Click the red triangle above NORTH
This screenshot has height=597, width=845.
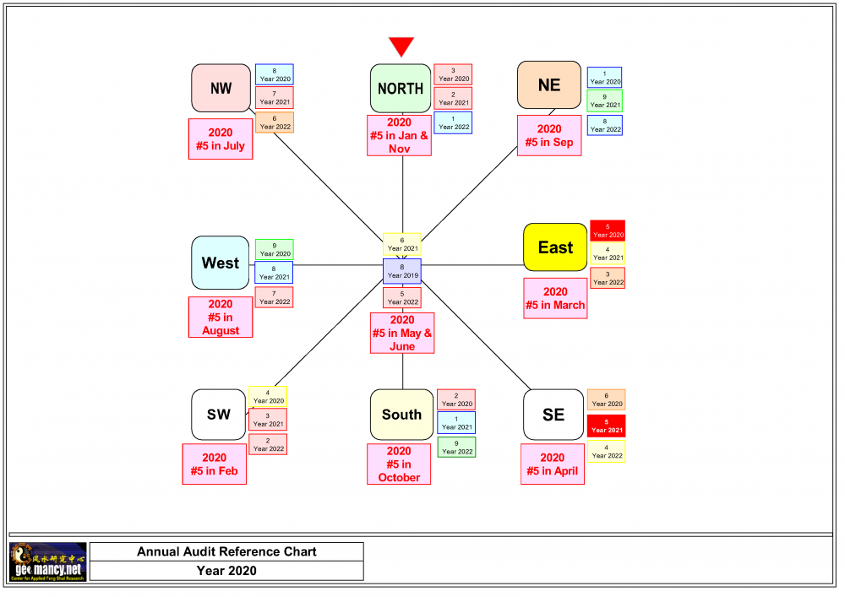click(x=401, y=46)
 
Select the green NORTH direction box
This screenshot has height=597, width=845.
click(x=401, y=88)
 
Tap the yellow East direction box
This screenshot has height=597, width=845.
click(x=555, y=247)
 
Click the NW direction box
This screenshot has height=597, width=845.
click(x=221, y=88)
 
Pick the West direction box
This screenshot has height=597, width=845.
click(x=221, y=263)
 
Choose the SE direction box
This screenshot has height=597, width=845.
click(x=553, y=415)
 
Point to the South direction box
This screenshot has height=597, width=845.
click(x=401, y=415)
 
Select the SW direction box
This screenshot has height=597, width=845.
click(x=219, y=415)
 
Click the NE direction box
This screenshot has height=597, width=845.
click(x=549, y=85)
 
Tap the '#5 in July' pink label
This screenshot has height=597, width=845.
click(x=221, y=139)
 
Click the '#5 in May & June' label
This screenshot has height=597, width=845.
click(x=402, y=333)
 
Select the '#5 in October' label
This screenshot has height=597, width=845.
click(x=399, y=464)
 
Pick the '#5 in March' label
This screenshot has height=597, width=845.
click(x=555, y=298)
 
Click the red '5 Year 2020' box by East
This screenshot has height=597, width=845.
click(x=608, y=231)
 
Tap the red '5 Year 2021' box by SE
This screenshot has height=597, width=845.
click(x=606, y=426)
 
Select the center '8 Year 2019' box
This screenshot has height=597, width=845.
click(x=402, y=271)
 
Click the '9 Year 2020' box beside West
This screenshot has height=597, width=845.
click(x=275, y=249)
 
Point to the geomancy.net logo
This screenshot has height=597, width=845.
click(x=47, y=562)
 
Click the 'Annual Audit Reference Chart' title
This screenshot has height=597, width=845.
click(x=226, y=551)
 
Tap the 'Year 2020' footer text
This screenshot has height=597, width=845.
click(x=226, y=571)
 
